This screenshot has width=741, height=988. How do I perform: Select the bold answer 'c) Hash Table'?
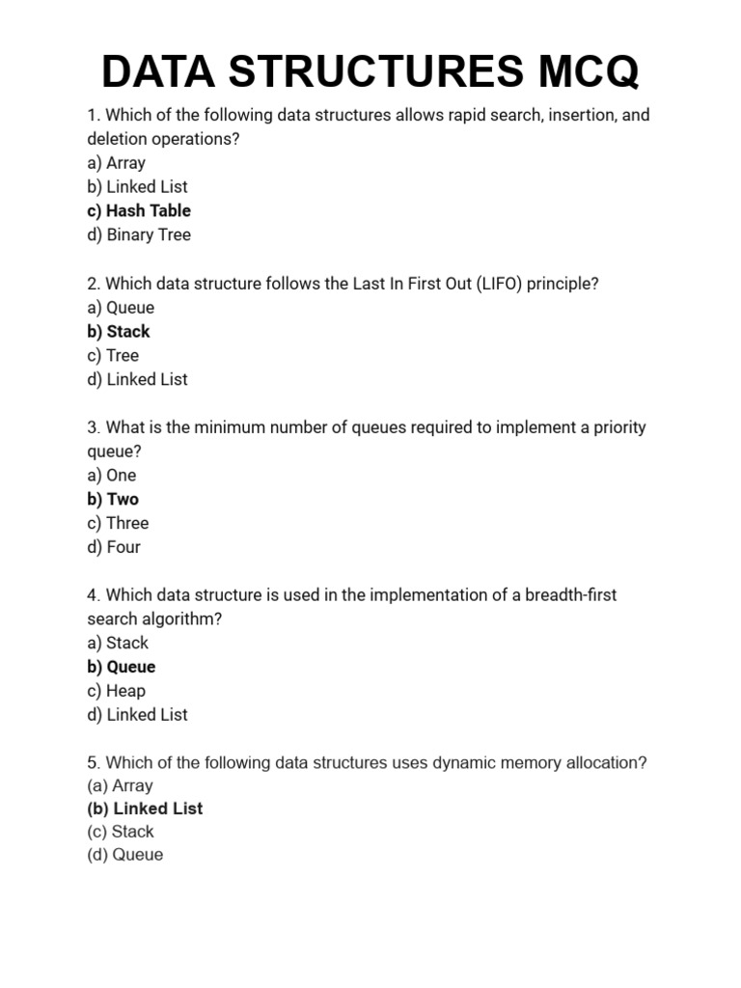[139, 210]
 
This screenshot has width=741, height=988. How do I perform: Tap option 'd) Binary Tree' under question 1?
[139, 234]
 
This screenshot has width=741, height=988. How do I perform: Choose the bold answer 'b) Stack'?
[119, 331]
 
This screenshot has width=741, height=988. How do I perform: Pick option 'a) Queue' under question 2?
[121, 308]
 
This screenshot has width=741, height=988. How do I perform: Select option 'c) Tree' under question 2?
[113, 355]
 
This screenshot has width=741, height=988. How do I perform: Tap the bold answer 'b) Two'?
[113, 499]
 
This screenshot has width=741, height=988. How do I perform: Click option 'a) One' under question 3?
[112, 475]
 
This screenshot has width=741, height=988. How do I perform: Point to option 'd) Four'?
[114, 547]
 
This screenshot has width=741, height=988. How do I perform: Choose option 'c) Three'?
[118, 523]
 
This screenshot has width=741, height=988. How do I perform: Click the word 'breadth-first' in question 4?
[570, 594]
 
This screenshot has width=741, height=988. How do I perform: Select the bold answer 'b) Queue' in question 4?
[122, 667]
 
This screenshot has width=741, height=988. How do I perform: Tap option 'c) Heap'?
[117, 691]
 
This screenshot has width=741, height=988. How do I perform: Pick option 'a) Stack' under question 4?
[118, 643]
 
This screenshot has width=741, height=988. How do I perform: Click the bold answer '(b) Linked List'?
[145, 809]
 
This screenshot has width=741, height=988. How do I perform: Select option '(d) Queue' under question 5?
[125, 855]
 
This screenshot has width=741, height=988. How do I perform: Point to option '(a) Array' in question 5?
[120, 785]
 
